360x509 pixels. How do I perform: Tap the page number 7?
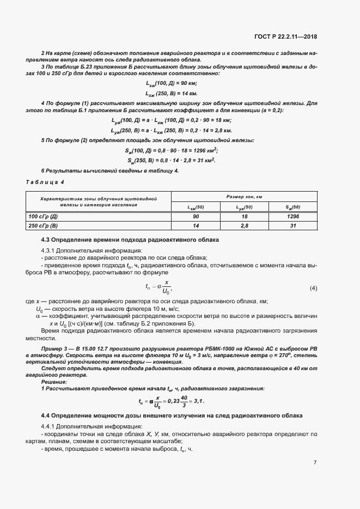click(315, 463)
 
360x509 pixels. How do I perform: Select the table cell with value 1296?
click(293, 216)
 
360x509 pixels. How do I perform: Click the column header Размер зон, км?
click(244, 196)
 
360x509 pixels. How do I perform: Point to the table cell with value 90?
click(196, 216)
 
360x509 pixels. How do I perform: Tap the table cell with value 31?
click(293, 225)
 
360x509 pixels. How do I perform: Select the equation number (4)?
click(313, 287)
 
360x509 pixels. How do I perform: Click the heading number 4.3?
click(47, 240)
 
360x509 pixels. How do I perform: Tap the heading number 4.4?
click(47, 416)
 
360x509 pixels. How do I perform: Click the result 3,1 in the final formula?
click(200, 402)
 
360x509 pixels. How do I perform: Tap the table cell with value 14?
click(196, 225)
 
